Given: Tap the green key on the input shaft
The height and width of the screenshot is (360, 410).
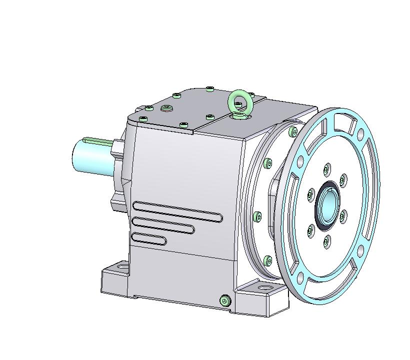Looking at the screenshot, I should [x=97, y=140].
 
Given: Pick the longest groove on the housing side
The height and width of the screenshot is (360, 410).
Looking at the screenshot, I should [x=177, y=211].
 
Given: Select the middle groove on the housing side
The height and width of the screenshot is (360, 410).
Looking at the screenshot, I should [x=163, y=225].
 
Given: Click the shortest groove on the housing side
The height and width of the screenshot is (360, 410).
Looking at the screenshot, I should [x=149, y=239].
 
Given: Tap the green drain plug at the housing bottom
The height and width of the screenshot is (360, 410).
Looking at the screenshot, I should [x=225, y=300].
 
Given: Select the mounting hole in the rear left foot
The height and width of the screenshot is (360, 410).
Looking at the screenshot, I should [x=120, y=268].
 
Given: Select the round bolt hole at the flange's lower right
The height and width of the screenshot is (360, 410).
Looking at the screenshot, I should [x=361, y=245].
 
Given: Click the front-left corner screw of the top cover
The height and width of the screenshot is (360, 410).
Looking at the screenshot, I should [x=143, y=118].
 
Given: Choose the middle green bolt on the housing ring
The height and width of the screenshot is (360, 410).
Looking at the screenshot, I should [x=257, y=216].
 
